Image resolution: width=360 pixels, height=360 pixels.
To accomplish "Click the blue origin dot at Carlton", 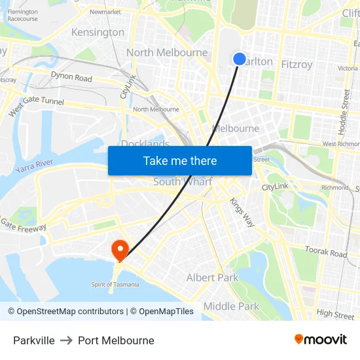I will (240, 59).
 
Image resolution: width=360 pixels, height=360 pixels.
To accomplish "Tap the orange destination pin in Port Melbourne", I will (120, 249).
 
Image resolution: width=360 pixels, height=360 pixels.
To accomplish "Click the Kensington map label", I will (98, 32).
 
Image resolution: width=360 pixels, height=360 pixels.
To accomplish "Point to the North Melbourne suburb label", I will (167, 52).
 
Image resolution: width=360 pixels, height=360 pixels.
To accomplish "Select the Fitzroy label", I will (297, 64).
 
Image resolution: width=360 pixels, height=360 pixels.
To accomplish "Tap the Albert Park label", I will (213, 278).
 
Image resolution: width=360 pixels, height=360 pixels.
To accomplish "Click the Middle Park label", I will (231, 306).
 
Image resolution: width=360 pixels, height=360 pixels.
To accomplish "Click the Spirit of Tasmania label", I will (115, 284).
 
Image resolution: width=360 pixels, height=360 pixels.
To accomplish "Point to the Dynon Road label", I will (71, 78).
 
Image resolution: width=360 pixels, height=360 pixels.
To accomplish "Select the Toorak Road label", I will (325, 252).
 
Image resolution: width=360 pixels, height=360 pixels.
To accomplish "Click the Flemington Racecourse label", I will (22, 15).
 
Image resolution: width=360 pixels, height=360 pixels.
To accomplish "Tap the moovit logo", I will (320, 339).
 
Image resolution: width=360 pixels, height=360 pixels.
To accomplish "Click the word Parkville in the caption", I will (34, 340).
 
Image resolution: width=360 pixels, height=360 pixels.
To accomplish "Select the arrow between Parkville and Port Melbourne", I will (66, 340).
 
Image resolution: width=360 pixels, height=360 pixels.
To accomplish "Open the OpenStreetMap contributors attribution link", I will (70, 312).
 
